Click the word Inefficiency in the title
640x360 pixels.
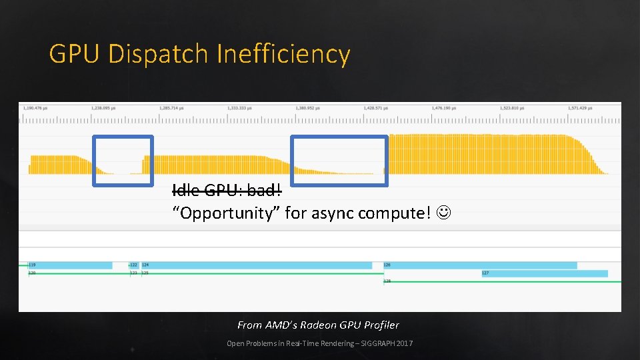283,54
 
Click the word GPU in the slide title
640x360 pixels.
75,54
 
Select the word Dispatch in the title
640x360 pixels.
159,54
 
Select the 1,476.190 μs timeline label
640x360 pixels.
447,107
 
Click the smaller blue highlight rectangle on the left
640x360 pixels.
123,160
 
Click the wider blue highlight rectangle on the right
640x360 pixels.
339,160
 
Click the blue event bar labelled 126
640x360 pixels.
480,265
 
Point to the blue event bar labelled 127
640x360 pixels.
545,273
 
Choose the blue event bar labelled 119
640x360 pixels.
70,265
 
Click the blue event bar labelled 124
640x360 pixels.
257,265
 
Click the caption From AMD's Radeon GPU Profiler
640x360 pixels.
318,325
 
